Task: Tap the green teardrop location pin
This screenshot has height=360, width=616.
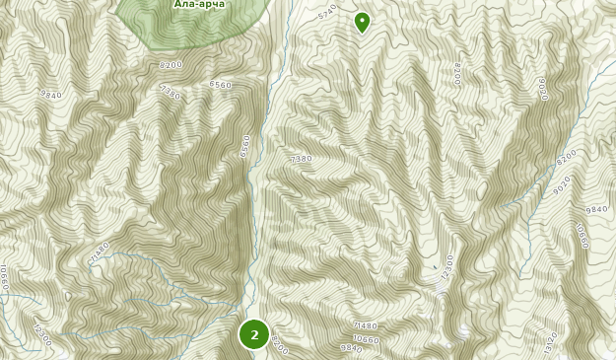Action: [362, 21]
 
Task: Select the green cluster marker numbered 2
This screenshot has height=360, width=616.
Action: [254, 334]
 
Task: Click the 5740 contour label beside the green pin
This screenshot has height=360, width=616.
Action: [328, 13]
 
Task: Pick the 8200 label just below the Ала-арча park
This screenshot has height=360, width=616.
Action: [171, 65]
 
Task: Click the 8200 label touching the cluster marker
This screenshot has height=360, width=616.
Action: [279, 345]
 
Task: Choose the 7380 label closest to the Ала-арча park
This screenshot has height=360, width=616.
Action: [170, 92]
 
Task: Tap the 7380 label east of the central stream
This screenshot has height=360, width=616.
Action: [301, 159]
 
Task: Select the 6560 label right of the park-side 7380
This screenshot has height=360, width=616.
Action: [220, 86]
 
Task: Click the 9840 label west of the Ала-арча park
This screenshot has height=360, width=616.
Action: [51, 96]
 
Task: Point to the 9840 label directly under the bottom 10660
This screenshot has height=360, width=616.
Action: [351, 348]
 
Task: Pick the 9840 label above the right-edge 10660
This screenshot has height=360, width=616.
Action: [596, 210]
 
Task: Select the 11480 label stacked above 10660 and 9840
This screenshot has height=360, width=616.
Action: [365, 325]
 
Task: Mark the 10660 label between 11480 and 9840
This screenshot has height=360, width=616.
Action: [366, 338]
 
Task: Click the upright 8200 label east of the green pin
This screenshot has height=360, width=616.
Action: [457, 74]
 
